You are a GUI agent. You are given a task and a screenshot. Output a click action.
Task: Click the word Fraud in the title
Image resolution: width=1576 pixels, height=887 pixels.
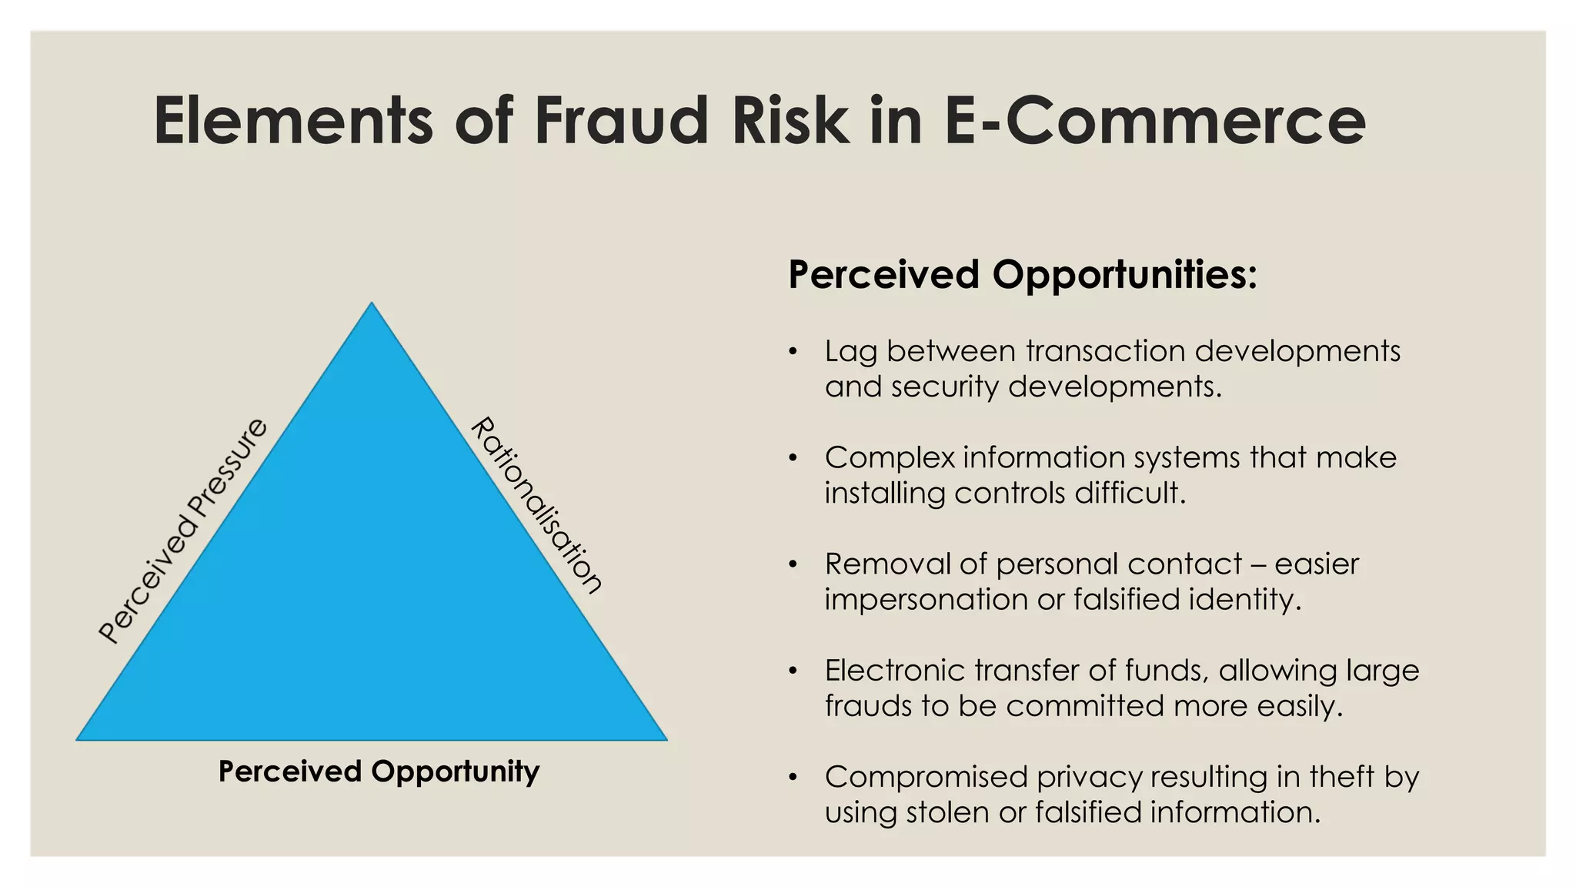[x=620, y=121]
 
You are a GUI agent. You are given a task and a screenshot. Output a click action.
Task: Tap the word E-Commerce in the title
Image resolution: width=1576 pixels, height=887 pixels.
[x=1154, y=121]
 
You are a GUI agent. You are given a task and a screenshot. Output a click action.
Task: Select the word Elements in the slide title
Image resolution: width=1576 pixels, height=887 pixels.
[x=293, y=121]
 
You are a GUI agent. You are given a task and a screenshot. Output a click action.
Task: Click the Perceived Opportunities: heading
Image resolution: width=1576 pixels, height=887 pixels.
[x=1023, y=275]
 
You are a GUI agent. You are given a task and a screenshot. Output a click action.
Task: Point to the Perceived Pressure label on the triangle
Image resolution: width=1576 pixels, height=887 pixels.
[x=183, y=531]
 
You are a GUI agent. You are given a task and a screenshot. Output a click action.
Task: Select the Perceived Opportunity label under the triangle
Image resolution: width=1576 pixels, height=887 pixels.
[x=379, y=772]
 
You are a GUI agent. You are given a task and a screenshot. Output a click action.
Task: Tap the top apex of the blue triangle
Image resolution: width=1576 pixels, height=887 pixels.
[x=372, y=304]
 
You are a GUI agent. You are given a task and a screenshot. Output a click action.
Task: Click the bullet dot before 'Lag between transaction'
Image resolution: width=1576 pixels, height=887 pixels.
[x=792, y=353]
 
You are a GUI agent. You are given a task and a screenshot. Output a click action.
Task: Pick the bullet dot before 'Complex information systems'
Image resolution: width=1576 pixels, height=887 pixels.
[x=792, y=459]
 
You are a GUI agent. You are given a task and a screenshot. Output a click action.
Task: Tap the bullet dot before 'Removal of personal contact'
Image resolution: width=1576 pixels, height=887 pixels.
[x=792, y=565]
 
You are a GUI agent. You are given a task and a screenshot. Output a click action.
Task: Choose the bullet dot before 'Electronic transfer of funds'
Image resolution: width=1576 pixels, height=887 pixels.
[x=792, y=671]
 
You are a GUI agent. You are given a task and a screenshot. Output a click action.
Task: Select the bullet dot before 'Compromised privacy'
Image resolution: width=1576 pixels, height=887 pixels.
[x=792, y=778]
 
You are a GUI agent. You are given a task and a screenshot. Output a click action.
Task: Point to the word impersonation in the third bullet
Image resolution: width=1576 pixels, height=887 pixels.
[x=926, y=600]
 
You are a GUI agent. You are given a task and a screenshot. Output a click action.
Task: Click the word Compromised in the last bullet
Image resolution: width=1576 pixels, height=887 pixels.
[x=926, y=777]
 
